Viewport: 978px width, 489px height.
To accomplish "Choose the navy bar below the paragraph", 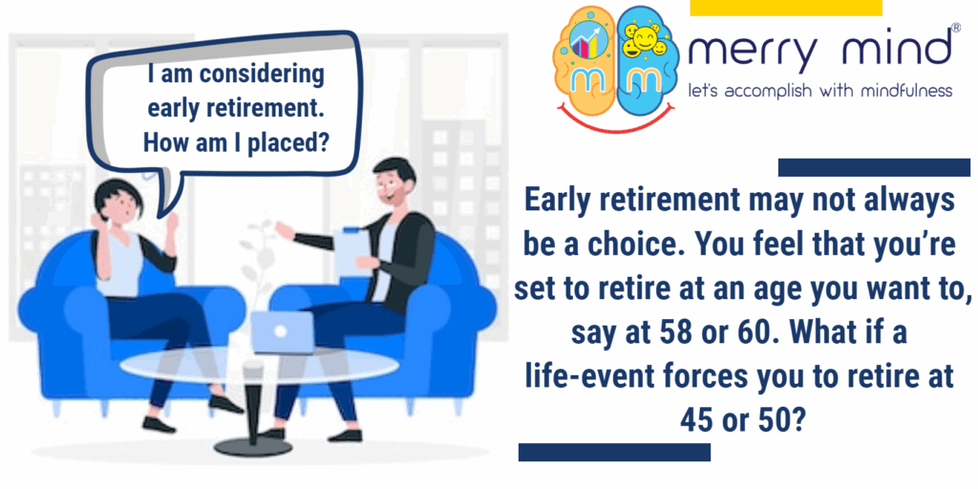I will pyautogui.click(x=614, y=452).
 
